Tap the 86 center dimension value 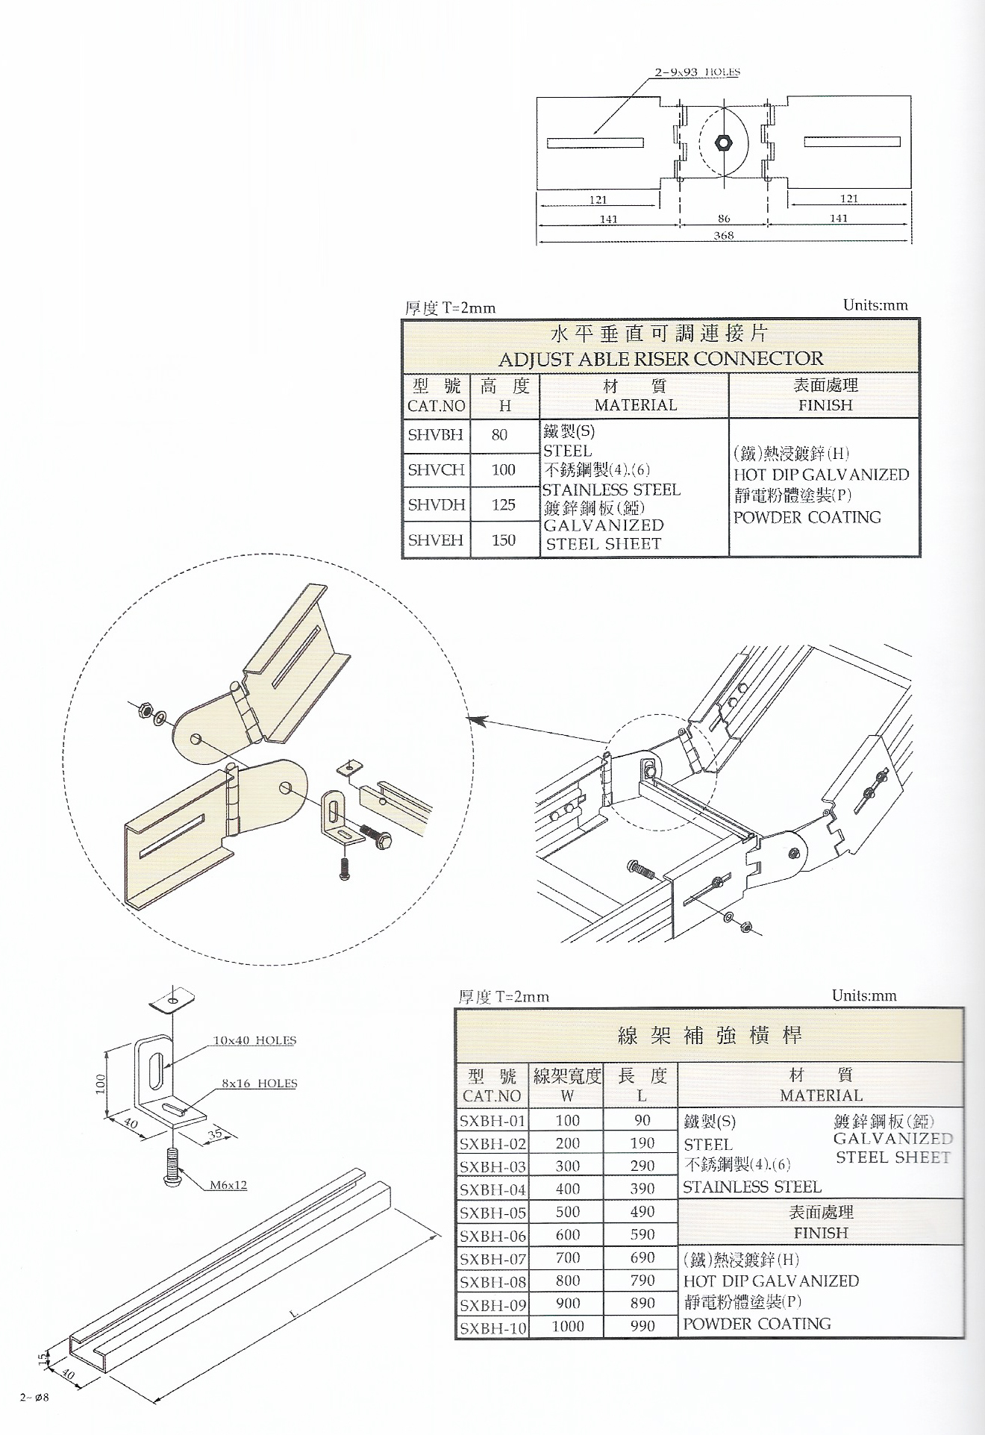724,219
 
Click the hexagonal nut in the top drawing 723,142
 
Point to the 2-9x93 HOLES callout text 697,72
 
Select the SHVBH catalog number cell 436,434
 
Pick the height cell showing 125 504,505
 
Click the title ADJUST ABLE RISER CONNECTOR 660,359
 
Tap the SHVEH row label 436,540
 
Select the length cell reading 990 642,1326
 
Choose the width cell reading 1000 567,1326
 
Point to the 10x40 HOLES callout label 254,1040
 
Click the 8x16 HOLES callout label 259,1084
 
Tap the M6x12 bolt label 228,1185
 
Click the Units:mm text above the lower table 864,995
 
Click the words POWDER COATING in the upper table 807,517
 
